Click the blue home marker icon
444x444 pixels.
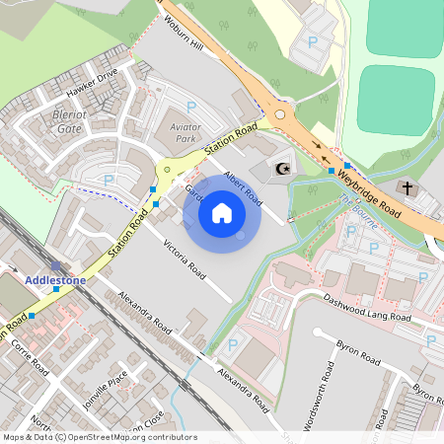[222, 213]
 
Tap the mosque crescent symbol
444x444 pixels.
[282, 169]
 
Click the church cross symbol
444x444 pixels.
[407, 186]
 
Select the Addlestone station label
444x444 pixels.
[55, 280]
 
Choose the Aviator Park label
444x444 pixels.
[179, 134]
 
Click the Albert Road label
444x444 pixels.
[243, 186]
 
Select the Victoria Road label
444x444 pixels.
[185, 258]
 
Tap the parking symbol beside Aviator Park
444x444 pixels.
[190, 106]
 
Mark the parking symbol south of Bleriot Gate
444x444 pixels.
[109, 179]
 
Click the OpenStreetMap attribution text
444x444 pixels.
[99, 437]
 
